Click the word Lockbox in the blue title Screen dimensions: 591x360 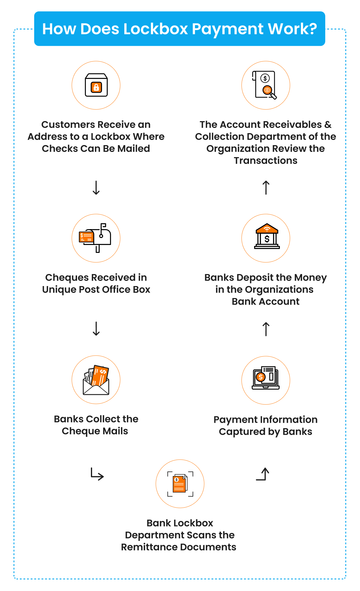pos(155,29)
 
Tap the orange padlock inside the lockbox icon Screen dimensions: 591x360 pos(96,87)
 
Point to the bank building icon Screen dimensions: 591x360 pos(267,237)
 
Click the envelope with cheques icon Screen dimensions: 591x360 pos(96,380)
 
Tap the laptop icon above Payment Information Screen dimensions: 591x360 pos(265,378)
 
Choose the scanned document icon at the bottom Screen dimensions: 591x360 pos(180,484)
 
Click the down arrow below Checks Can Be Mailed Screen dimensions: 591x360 pos(96,188)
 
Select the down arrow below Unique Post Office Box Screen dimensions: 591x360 pos(96,329)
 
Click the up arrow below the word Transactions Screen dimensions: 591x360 pos(266,188)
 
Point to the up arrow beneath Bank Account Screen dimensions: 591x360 pos(266,329)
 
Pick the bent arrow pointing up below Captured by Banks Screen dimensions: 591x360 pos(263,474)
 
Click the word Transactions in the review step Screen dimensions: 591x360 pos(265,161)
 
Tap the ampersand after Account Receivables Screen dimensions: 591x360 pos(328,125)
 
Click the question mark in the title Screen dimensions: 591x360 pos(312,29)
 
